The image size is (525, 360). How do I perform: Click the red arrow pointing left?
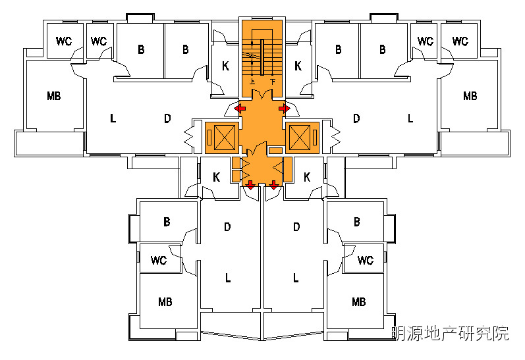pos(240,107)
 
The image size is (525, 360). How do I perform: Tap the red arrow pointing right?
pos(285,107)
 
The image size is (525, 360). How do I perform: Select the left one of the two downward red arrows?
pos(250,185)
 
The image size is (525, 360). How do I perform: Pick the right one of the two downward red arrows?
pos(274,185)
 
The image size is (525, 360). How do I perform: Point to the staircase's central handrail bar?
pos(263,57)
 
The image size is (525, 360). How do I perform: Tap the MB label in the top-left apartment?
pos(54,96)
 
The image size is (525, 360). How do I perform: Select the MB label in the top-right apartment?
pos(470,96)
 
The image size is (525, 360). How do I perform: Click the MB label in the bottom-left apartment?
pos(165,302)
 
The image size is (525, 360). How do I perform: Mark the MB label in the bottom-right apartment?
pos(358,302)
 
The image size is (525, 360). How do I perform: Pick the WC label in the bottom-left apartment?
pos(159,260)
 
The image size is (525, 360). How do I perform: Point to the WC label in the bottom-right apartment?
pos(366,260)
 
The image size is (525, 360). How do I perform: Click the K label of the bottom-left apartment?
pos(216,177)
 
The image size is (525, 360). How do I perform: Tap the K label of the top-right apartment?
pos(298,66)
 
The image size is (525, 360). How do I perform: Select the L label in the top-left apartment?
pos(113,119)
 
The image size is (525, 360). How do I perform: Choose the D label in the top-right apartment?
pos(356,119)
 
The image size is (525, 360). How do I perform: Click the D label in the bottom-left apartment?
pos(227,227)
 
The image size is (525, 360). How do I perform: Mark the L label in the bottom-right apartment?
pos(296,278)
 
